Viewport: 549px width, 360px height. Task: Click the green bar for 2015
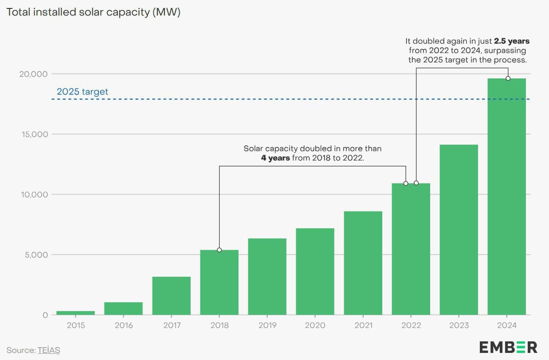75,313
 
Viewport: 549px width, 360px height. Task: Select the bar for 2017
171,296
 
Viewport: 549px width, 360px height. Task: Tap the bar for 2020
315,271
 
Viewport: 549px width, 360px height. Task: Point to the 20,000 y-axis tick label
33,74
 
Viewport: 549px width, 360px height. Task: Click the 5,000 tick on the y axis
35,255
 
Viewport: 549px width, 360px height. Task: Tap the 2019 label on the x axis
267,325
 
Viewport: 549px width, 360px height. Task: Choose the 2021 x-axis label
363,325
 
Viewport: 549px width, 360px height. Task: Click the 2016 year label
123,325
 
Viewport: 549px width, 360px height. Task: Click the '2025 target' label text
82,92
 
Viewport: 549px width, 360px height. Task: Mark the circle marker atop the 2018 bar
219,250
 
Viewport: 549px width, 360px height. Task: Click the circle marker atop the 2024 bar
508,78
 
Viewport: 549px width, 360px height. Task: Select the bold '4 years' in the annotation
275,158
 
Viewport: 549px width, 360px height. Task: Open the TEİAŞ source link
48,350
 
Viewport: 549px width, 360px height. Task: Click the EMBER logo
508,347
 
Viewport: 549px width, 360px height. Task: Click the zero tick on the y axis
45,315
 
